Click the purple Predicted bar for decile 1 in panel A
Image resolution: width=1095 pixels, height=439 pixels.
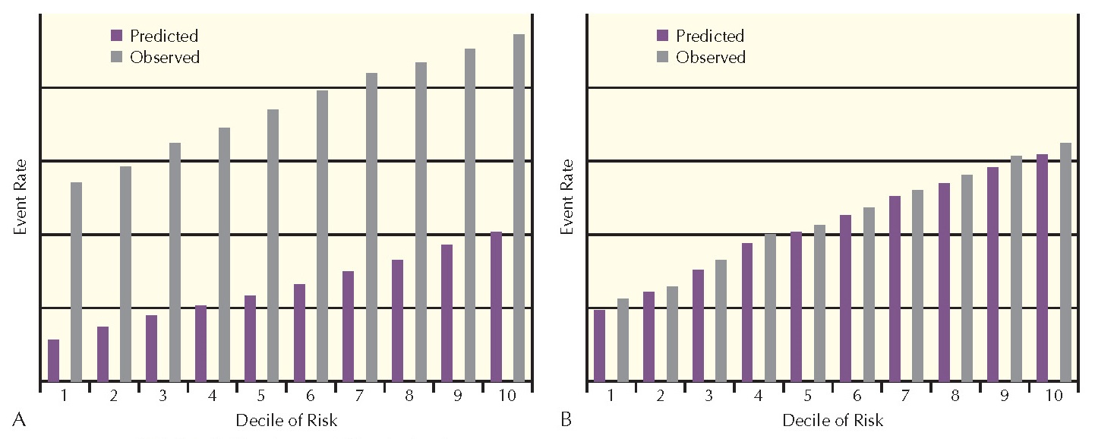(53, 360)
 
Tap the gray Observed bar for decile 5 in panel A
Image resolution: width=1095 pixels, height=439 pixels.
(273, 245)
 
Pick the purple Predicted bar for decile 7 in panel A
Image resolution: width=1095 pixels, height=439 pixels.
(349, 326)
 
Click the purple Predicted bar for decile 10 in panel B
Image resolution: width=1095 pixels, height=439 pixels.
(1042, 267)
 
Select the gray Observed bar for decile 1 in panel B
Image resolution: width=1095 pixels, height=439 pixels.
(623, 340)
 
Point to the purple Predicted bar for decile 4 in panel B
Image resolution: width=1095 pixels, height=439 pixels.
(746, 311)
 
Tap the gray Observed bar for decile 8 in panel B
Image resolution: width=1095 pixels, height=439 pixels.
(967, 277)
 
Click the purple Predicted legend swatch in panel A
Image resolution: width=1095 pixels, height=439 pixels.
(116, 36)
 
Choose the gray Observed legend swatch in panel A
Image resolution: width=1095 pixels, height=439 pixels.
(116, 57)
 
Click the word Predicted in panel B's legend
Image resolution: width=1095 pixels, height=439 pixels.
(710, 36)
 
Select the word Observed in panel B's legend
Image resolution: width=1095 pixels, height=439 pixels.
(711, 57)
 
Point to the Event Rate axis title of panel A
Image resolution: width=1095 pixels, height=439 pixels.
(21, 197)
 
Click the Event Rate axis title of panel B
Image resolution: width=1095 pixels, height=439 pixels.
(566, 197)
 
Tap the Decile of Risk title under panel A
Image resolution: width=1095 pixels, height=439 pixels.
(286, 420)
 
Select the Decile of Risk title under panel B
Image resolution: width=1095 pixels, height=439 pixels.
(832, 420)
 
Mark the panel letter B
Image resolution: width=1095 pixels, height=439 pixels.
(565, 418)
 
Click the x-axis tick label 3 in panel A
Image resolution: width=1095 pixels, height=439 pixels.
(163, 396)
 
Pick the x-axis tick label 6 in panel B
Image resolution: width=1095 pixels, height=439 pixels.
(857, 396)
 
